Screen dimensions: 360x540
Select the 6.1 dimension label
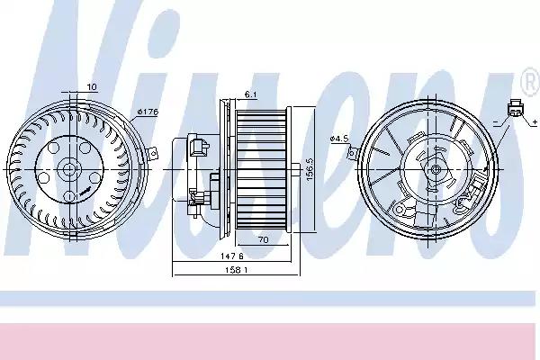(x=251, y=94)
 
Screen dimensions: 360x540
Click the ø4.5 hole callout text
(x=339, y=138)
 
